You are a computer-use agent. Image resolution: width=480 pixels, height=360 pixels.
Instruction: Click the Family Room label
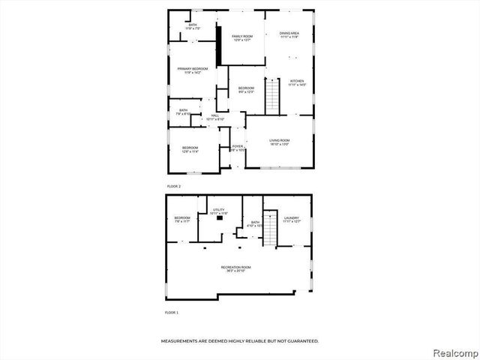tap(241, 37)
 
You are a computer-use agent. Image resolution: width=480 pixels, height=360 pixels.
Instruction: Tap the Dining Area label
tap(289, 34)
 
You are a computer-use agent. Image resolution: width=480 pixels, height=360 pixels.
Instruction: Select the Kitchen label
tap(297, 82)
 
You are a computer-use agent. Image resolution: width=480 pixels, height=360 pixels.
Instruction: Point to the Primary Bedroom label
tap(192, 70)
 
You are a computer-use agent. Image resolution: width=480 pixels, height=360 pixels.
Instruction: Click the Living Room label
tap(279, 142)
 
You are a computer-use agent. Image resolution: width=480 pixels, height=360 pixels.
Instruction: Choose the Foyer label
tap(237, 148)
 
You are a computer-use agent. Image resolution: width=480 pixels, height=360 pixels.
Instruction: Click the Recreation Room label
tap(235, 268)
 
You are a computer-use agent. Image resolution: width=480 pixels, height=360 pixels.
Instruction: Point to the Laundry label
tap(292, 219)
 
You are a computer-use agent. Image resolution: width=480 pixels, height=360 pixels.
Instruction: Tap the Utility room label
tap(218, 211)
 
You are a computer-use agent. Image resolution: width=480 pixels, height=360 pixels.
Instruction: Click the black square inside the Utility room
tap(220, 220)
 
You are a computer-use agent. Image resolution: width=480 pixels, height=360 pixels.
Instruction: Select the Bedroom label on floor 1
tap(183, 220)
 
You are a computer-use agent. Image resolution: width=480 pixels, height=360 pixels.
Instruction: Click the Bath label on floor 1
tap(255, 223)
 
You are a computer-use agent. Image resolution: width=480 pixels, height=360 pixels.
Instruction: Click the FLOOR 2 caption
tap(173, 186)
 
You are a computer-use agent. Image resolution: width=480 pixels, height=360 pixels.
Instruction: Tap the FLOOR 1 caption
tap(172, 312)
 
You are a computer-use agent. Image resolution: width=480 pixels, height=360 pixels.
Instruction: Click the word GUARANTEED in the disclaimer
tap(301, 341)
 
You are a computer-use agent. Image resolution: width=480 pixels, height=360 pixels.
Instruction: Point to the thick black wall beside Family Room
tap(218, 45)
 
